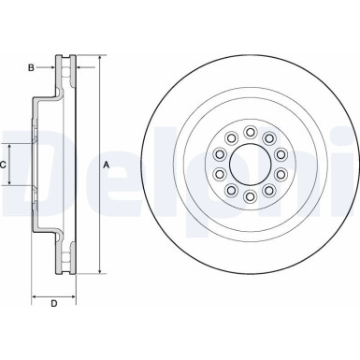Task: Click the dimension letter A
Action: (106, 165)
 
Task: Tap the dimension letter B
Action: (32, 67)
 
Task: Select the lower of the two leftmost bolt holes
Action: (220, 174)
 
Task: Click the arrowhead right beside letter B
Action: (54, 67)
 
